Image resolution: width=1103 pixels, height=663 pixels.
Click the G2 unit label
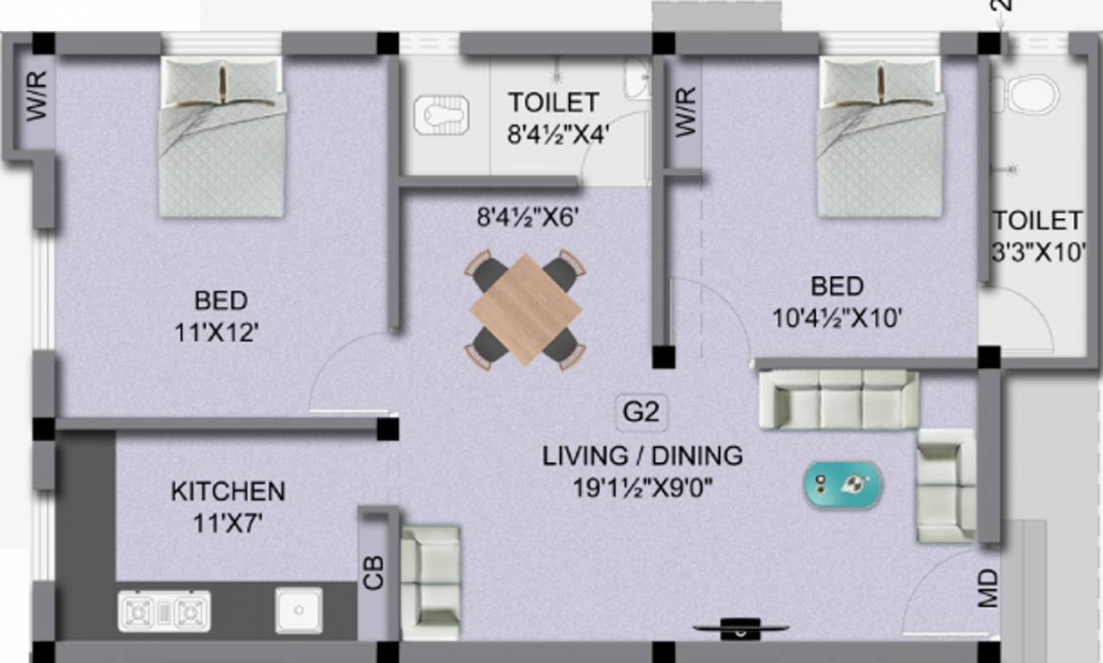642,413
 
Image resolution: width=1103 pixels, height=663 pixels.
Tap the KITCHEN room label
228,492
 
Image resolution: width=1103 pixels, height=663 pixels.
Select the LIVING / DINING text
642,456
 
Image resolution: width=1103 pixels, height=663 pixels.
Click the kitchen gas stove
164,611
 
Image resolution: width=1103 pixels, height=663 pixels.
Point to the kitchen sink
298,609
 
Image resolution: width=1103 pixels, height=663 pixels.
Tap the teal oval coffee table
843,483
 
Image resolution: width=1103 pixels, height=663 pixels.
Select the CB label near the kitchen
373,572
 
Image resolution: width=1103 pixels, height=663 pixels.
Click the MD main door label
988,588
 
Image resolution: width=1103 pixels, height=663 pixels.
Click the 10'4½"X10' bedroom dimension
837,318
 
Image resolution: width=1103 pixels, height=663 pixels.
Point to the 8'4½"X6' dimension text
527,218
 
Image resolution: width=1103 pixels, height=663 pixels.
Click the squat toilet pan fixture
445,113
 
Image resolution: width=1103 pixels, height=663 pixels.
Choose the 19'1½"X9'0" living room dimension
642,489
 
